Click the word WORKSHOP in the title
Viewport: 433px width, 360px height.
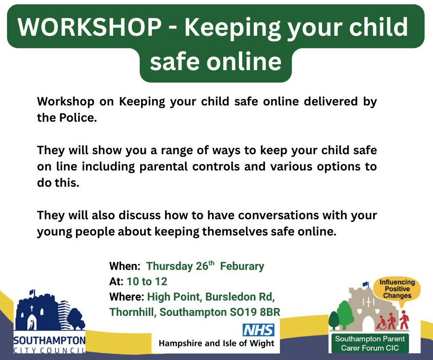pos(90,27)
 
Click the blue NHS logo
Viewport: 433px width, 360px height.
pos(259,330)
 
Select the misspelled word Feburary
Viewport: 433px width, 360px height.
pos(242,266)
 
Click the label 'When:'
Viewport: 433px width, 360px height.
pos(125,266)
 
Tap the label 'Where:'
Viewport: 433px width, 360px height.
pos(127,297)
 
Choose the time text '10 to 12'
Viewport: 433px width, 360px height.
pos(147,281)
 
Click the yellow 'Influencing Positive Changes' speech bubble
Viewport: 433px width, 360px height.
pos(397,289)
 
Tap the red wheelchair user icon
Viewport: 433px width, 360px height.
pos(381,323)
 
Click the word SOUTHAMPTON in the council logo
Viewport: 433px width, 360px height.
pos(50,340)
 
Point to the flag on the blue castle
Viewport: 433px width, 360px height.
pos(32,292)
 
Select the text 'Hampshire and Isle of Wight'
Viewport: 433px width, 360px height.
pos(216,343)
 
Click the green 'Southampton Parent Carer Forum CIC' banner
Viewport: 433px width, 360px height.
pos(370,343)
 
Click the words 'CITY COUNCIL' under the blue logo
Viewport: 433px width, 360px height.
pos(50,350)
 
